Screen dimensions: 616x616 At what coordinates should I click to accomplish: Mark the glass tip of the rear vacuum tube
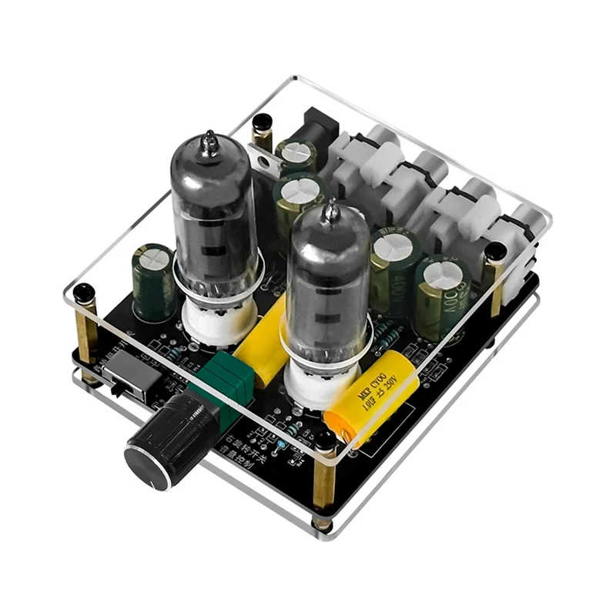pos(210,142)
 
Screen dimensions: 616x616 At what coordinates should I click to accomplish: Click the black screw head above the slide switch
pos(84,293)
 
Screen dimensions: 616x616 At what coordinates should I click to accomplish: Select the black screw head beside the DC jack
pos(263,121)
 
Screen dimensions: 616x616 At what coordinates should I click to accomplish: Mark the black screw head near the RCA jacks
pos(496,251)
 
